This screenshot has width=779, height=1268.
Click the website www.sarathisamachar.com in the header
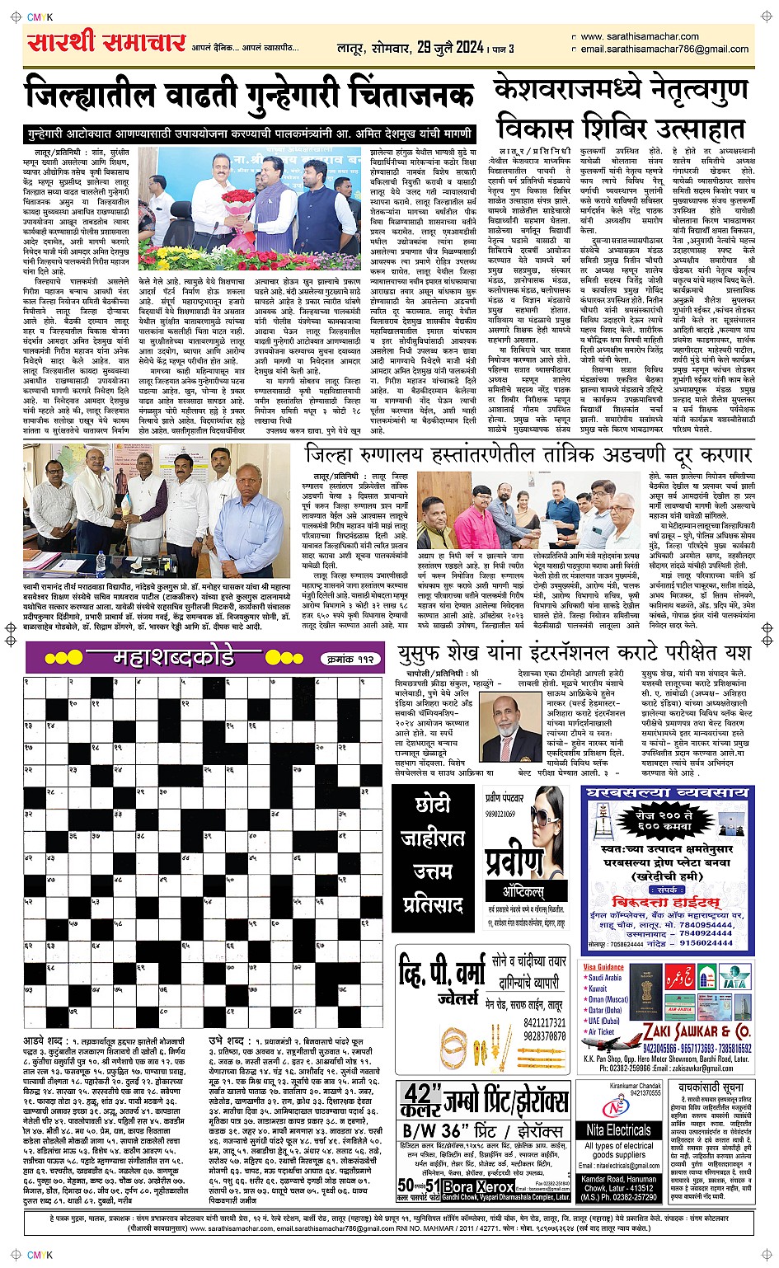[x=640, y=36]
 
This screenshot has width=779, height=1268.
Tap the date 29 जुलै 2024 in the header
[x=450, y=48]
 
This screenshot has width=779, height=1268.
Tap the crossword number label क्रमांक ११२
[x=350, y=659]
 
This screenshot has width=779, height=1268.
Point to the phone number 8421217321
[x=544, y=1023]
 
